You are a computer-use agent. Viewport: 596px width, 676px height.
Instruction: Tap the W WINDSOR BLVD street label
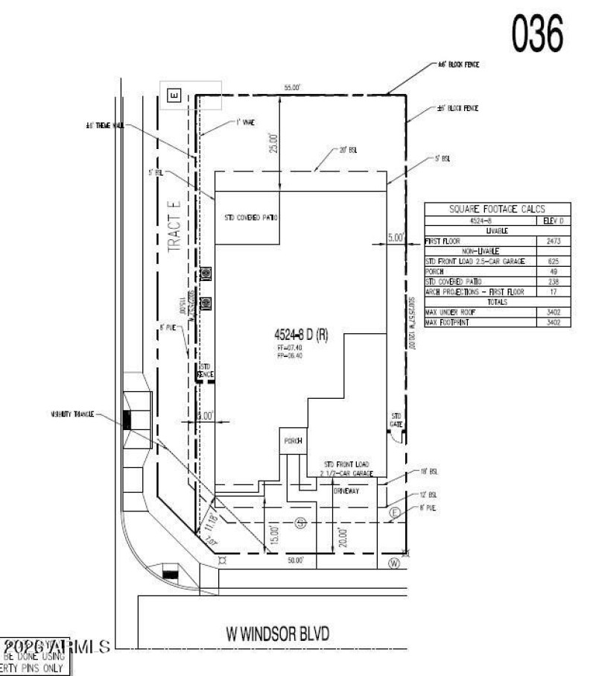point(277,634)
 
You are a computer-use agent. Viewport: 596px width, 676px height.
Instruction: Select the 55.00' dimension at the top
point(291,88)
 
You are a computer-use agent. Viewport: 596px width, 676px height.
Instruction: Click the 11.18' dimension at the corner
point(208,518)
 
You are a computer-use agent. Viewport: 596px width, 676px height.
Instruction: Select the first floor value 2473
point(553,241)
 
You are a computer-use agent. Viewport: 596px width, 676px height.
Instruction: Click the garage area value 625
point(553,262)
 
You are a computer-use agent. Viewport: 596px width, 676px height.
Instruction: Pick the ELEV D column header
point(553,221)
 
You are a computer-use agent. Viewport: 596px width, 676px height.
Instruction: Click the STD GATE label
point(397,420)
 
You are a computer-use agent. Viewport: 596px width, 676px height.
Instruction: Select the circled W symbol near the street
point(394,563)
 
